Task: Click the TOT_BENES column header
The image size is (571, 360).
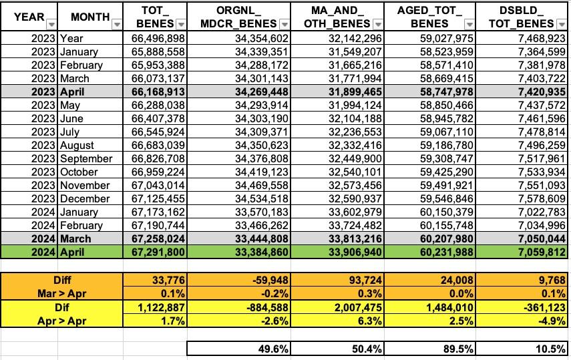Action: (x=159, y=16)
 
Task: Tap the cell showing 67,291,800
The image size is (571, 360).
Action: (x=159, y=252)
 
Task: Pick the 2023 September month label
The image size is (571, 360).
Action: (x=85, y=158)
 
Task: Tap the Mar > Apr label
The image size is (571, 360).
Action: (x=65, y=293)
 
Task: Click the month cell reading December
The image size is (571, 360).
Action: (x=85, y=198)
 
